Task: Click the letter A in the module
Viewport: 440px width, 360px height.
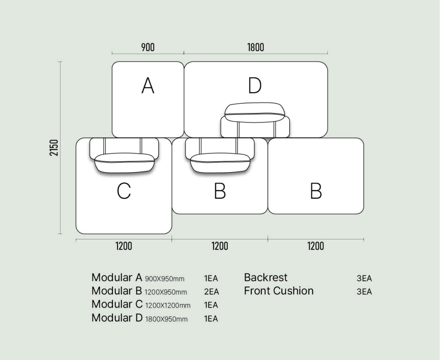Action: point(148,86)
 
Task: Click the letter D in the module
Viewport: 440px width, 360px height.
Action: point(255,86)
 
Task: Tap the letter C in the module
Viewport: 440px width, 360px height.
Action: point(124,191)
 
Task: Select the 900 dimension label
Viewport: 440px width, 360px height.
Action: point(148,47)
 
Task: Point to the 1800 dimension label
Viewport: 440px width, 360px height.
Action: point(255,47)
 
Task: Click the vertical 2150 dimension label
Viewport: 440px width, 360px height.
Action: point(54,148)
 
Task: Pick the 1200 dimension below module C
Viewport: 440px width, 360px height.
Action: point(124,246)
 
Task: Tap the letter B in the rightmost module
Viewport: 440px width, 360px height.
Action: point(316,191)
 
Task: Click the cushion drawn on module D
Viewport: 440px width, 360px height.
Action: point(255,112)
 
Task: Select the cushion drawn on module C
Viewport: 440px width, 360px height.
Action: point(124,163)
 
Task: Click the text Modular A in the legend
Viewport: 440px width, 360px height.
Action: point(117,277)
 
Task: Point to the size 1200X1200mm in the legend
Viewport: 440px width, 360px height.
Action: point(168,306)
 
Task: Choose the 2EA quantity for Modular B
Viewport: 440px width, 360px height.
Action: point(211,292)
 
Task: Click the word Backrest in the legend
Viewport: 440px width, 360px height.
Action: point(266,277)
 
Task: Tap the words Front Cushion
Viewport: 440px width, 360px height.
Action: point(278,291)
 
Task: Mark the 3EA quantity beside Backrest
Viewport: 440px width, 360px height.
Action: point(364,278)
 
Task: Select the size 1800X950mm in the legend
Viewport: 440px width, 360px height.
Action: point(166,319)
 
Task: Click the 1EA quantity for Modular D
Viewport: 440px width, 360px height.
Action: point(211,319)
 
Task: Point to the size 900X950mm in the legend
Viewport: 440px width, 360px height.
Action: point(165,279)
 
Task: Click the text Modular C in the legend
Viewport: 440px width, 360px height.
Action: point(117,305)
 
